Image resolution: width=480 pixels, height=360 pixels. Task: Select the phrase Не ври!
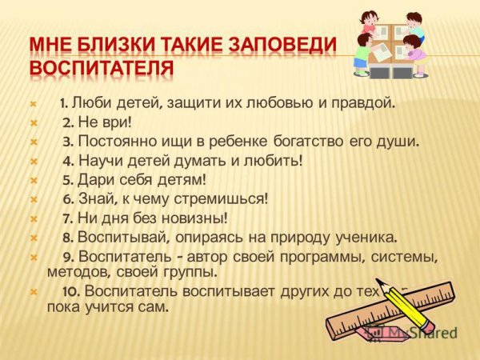[x=105, y=122]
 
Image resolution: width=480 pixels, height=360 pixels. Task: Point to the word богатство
[x=303, y=142]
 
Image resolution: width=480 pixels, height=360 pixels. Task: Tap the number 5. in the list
[x=68, y=180]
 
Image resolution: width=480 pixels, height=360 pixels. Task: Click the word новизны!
[x=191, y=218]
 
